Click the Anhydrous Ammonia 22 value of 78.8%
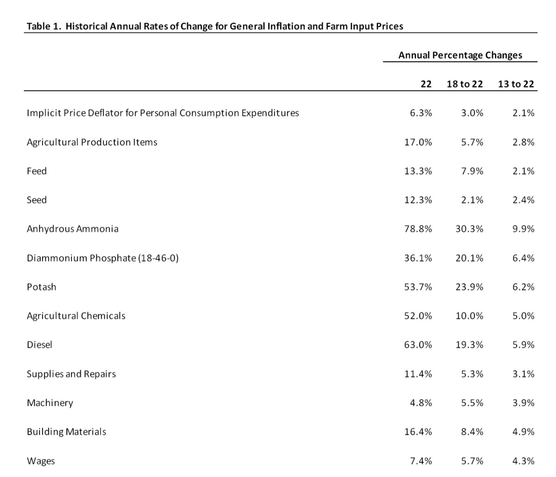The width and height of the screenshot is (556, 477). (418, 229)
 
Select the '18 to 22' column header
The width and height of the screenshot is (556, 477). (465, 84)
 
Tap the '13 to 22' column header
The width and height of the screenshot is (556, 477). (516, 84)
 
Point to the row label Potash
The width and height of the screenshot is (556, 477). (41, 287)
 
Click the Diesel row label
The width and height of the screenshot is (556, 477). (39, 345)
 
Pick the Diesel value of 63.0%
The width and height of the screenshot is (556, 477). (418, 345)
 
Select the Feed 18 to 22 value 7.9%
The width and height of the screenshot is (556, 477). (472, 171)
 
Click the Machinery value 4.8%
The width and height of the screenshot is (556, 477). (421, 403)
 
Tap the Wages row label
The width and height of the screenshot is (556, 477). (41, 461)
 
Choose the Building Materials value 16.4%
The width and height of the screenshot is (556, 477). (418, 432)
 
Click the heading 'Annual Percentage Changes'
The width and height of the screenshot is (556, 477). (460, 55)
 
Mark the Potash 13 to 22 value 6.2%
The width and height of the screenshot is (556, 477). (523, 287)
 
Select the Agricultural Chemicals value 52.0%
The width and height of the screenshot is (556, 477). (418, 316)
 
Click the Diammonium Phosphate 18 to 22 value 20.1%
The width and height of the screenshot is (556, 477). (470, 258)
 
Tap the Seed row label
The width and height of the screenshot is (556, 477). (37, 200)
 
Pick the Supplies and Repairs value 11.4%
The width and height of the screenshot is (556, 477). (418, 374)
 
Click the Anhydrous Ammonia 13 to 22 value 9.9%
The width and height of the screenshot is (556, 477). (523, 229)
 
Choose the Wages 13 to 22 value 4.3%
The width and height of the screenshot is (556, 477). (523, 461)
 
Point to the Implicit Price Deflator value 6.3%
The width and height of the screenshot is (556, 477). (421, 113)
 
